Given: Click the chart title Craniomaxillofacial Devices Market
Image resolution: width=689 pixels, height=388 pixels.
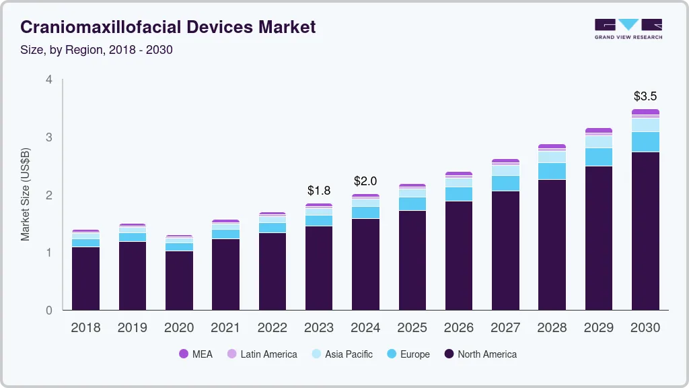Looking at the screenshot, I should [168, 27].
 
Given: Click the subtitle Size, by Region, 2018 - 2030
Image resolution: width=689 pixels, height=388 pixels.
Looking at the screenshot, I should [96, 50].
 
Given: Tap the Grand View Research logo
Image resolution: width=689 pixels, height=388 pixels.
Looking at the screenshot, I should [628, 28].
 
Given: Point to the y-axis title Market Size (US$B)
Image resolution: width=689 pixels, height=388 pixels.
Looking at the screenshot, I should [26, 195].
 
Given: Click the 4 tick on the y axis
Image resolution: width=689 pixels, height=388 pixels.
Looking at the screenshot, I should [48, 79].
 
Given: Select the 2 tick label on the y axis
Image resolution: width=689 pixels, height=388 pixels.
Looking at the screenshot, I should [48, 195].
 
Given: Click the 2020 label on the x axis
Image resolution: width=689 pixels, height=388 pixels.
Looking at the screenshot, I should [178, 328].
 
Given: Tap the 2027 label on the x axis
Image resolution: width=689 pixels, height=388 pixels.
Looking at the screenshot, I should [505, 328].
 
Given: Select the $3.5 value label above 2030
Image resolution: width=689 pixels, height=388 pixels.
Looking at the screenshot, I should [645, 96].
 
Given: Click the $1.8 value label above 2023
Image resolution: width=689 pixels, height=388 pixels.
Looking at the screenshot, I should [319, 191].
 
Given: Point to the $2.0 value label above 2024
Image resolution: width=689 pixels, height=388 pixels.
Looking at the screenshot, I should [365, 181].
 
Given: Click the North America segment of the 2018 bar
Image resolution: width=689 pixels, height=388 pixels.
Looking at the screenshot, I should [85, 278].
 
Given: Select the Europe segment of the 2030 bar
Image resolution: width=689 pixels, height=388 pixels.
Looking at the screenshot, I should [645, 142].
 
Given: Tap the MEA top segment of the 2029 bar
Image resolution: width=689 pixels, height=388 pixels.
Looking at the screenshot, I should [599, 131].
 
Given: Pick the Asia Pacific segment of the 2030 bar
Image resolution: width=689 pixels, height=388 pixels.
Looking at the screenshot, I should [645, 125].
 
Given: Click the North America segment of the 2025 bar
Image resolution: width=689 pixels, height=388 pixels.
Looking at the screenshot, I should [412, 260].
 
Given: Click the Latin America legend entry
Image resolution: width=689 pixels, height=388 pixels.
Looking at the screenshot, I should [262, 354].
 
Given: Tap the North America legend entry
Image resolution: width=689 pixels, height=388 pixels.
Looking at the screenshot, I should [480, 354].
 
